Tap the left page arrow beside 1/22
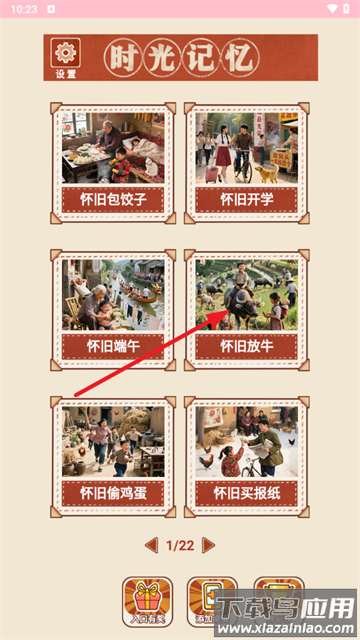[151, 545]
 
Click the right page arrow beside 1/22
[208, 545]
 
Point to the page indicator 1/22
[180, 545]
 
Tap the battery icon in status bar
[346, 8]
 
